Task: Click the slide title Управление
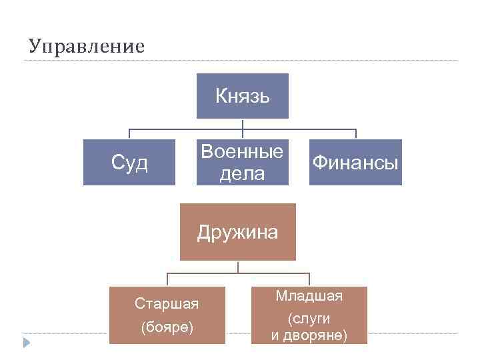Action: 87,47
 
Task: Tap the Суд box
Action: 129,162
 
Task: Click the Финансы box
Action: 356,162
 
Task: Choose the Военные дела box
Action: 242,162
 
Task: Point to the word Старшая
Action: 167,304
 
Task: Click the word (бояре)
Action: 167,328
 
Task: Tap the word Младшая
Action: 309,295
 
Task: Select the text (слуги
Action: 309,319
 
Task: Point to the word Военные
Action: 242,151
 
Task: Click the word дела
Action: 242,173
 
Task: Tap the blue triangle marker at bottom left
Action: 27,343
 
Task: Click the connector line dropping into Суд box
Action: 129,134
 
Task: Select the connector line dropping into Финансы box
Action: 356,134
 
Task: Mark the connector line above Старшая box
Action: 167,280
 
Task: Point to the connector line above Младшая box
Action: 309,280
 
